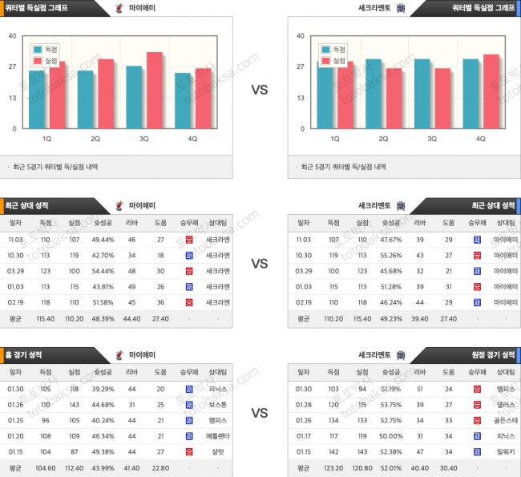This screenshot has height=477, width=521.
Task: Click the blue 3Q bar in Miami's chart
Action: pyautogui.click(x=134, y=98)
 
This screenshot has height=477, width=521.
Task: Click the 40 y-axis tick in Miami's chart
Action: pyautogui.click(x=12, y=36)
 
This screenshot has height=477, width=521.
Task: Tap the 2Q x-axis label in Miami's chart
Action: pyautogui.click(x=95, y=139)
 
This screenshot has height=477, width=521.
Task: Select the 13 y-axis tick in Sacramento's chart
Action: pyautogui.click(x=301, y=98)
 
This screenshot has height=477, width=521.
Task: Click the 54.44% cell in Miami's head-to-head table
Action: pyautogui.click(x=103, y=271)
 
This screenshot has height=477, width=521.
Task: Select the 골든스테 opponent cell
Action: pyautogui.click(x=506, y=419)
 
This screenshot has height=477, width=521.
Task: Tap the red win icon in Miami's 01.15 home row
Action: pyautogui.click(x=189, y=452)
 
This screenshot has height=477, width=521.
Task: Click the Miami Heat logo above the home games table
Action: pyautogui.click(x=119, y=354)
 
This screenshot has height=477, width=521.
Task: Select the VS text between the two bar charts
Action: pyautogui.click(x=260, y=90)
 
